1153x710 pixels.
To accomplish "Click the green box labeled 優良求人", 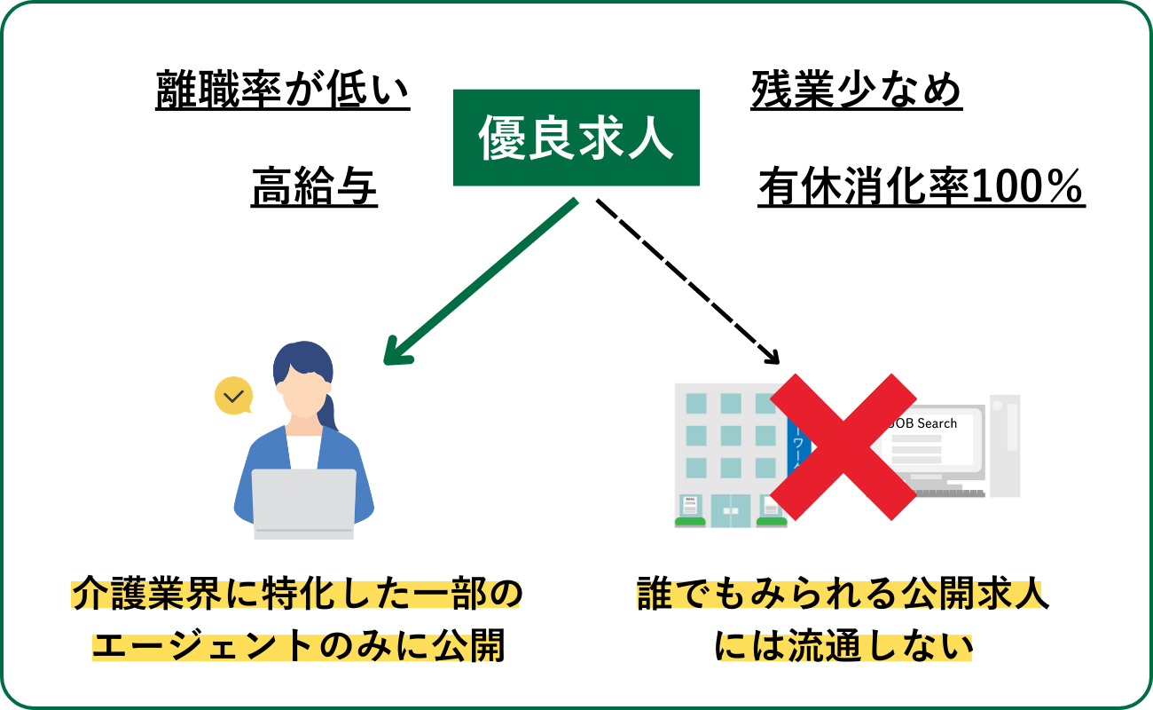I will tap(576, 138).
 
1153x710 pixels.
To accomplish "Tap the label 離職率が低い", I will tap(283, 91).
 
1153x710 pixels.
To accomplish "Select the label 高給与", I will tap(314, 187).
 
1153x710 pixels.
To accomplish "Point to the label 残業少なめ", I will tap(856, 91).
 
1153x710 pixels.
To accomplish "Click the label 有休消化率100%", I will tap(921, 187).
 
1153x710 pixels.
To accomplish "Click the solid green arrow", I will tap(479, 281).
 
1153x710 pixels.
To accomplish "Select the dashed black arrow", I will tap(687, 281).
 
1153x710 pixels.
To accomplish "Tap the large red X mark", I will tap(843, 446).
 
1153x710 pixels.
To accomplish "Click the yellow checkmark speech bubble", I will tap(234, 396).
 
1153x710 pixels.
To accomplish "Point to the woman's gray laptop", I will tap(303, 502).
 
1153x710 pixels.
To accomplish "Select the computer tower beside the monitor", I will tap(1004, 445).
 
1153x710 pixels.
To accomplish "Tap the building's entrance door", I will tap(731, 510).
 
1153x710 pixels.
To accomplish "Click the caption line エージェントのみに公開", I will tap(298, 646).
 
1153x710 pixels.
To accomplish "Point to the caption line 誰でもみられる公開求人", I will tap(843, 595).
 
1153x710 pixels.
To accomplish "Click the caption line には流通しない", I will tap(843, 646).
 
